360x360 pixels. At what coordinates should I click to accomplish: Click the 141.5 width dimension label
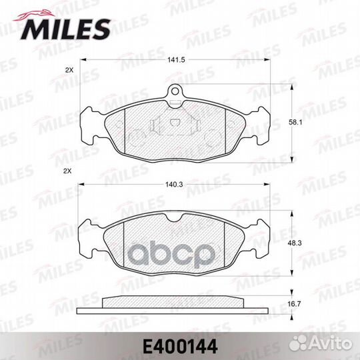pyautogui.click(x=176, y=60)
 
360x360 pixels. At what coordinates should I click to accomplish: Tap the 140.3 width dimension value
pyautogui.click(x=175, y=185)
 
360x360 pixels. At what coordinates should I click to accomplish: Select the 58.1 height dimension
pyautogui.click(x=295, y=123)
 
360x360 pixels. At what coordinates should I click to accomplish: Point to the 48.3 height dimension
pyautogui.click(x=295, y=243)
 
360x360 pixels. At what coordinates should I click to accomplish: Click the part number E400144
pyautogui.click(x=180, y=347)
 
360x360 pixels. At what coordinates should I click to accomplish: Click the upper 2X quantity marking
pyautogui.click(x=69, y=71)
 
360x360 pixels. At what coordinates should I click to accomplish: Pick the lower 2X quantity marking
pyautogui.click(x=67, y=171)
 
